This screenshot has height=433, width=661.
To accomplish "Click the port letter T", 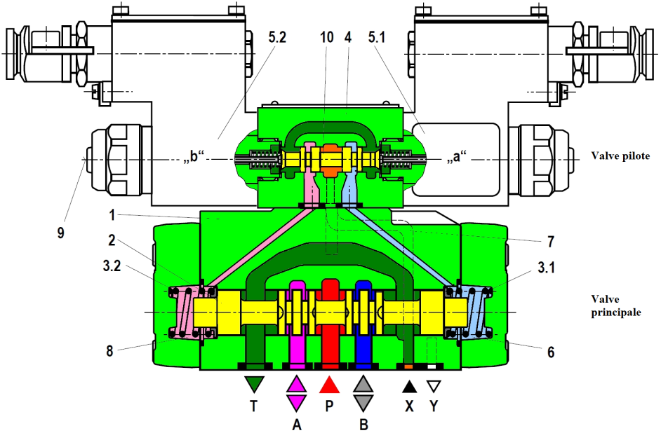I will pyautogui.click(x=255, y=406).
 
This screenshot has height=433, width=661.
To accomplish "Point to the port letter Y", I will pyautogui.click(x=434, y=406).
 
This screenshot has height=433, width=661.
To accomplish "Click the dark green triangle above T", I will pyautogui.click(x=255, y=385).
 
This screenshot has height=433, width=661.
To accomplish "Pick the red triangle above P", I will pyautogui.click(x=330, y=385).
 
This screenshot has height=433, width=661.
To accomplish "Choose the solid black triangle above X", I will pyautogui.click(x=410, y=385).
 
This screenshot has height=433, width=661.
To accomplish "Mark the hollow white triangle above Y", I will pyautogui.click(x=434, y=385).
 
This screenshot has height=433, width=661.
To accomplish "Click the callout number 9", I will pyautogui.click(x=60, y=232).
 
